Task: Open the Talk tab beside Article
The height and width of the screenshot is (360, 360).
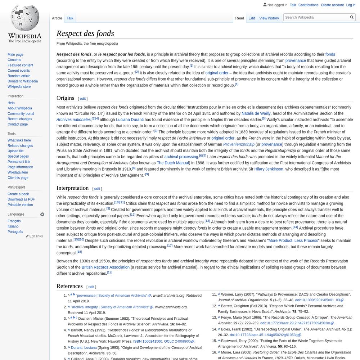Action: coord(70,18)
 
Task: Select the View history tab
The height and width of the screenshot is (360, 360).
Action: coord(269,18)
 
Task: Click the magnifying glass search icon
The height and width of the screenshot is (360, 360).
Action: coord(352,17)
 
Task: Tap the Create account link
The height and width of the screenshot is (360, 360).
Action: coord(332,5)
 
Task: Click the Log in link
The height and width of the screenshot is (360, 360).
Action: coord(351,5)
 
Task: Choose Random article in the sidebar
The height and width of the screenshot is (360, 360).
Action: coord(19,76)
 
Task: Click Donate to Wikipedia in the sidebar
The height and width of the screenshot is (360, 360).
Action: coord(23,81)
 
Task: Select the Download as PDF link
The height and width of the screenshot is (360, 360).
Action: coord(21,199)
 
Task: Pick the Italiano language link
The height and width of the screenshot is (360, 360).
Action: coord(13,226)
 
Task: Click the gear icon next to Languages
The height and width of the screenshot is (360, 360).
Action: coord(42,214)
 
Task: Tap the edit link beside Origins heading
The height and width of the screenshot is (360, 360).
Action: coord(83,99)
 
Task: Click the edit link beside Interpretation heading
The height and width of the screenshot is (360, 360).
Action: coord(97,189)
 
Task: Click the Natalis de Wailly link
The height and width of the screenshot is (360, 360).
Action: coord(256,113)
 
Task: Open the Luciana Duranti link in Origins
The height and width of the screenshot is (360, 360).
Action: coord(130,120)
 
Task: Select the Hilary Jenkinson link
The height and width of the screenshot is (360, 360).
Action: coord(269,169)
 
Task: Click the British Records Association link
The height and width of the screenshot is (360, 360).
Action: coord(105,267)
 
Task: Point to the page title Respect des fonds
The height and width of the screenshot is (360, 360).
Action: coord(85,33)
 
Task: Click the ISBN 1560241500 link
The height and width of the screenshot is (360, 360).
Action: coord(148,341)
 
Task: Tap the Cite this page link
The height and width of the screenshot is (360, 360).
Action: coord(18,178)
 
